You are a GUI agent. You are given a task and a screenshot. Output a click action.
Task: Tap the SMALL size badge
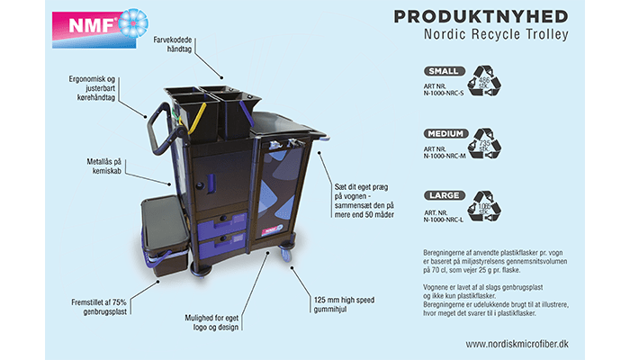445,70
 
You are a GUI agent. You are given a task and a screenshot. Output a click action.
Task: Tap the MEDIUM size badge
445,133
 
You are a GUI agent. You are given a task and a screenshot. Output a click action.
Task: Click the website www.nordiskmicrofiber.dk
517,344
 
